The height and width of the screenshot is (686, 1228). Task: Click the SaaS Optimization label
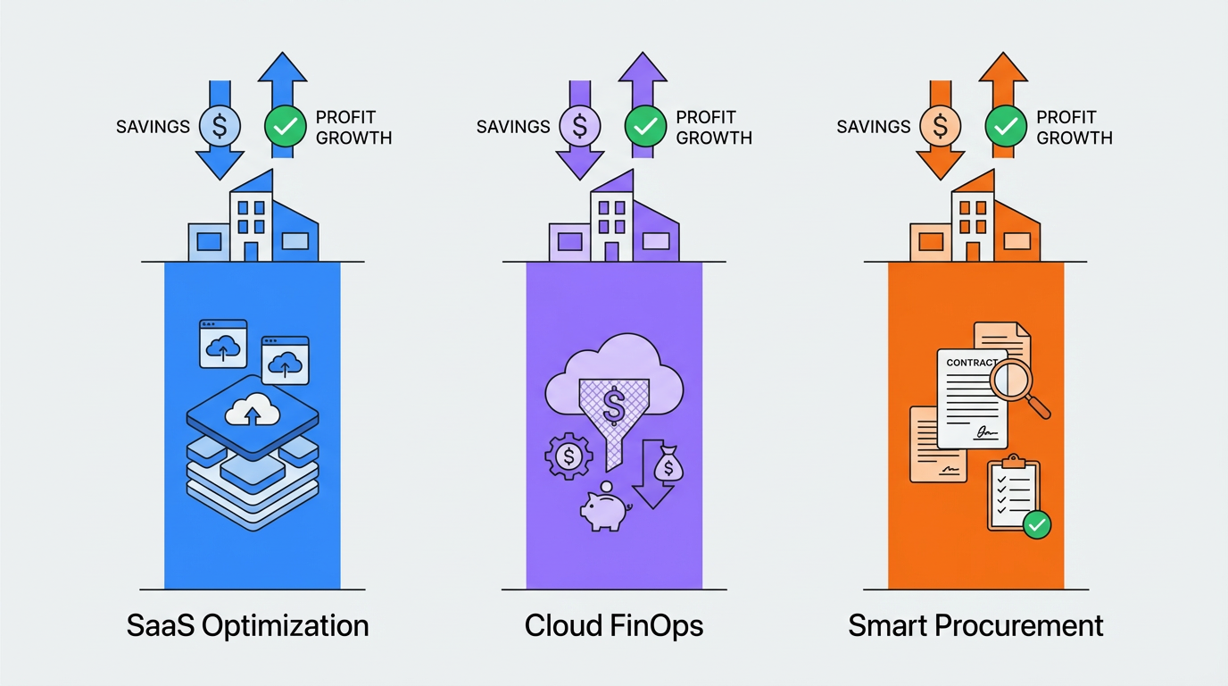tap(247, 625)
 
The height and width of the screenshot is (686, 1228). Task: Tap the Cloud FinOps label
tap(614, 625)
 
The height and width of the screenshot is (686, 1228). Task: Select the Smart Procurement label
tap(975, 625)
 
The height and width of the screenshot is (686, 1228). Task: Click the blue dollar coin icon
tap(220, 127)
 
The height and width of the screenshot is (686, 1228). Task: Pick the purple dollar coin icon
tap(580, 127)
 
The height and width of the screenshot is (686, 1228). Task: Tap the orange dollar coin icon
tap(940, 127)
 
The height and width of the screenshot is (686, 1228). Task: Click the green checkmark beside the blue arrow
tap(286, 127)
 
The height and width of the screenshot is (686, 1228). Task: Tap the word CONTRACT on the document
tap(971, 363)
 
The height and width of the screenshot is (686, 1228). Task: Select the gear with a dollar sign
tap(568, 458)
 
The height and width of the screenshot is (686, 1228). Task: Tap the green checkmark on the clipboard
tap(1036, 524)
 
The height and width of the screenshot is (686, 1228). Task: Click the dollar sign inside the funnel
tap(614, 406)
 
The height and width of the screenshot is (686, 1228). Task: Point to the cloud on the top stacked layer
tap(253, 412)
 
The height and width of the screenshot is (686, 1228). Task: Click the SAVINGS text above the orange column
tap(873, 127)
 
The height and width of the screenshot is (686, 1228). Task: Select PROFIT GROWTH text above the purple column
tap(714, 127)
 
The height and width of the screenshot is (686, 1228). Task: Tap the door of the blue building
tap(251, 251)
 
